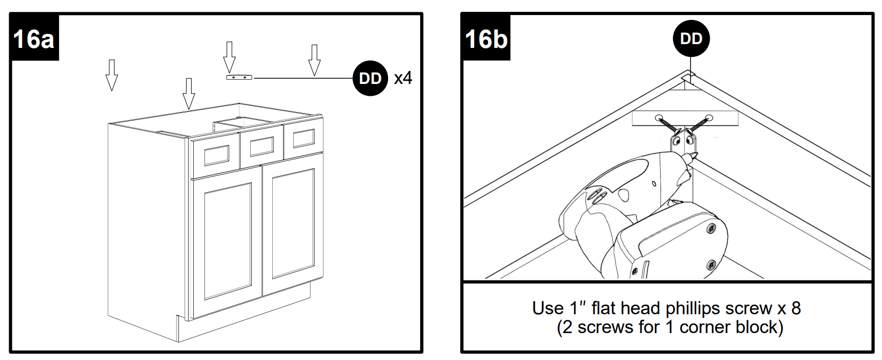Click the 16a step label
click(33, 39)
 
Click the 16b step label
click(486, 39)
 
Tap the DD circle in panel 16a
click(370, 79)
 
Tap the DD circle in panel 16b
click(691, 39)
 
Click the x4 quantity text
click(403, 79)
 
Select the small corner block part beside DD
click(238, 77)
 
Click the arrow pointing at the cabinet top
click(188, 93)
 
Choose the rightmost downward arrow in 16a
click(314, 60)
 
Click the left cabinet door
click(227, 239)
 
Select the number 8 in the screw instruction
click(795, 308)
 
